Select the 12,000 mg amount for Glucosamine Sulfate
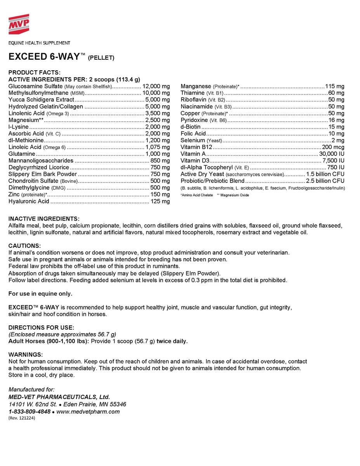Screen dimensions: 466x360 [156, 86]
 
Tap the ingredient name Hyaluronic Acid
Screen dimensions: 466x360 [29, 201]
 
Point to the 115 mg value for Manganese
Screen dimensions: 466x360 [335, 86]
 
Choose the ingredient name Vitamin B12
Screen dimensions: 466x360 [196, 147]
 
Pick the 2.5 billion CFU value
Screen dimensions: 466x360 [325, 181]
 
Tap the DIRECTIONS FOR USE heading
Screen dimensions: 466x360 [41, 328]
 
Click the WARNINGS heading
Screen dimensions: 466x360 [26, 355]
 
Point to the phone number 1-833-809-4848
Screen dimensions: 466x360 [29, 412]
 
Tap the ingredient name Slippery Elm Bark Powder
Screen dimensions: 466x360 [43, 174]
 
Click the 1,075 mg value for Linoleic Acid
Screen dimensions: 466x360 [157, 147]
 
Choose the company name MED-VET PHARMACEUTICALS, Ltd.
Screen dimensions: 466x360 [59, 397]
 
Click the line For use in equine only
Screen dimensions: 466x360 [40, 293]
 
